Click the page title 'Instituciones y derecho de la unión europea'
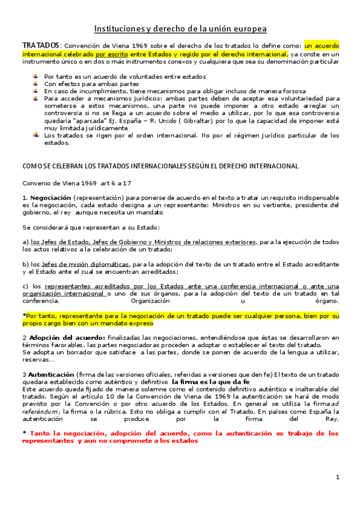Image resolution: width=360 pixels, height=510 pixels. (x=180, y=29)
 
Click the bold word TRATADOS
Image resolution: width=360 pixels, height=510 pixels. (x=41, y=45)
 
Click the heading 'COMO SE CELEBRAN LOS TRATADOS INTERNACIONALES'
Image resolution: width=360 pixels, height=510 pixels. (x=160, y=166)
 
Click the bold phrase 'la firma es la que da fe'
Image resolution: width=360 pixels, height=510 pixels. (x=210, y=382)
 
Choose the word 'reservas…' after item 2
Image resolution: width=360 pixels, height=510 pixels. (x=38, y=360)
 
